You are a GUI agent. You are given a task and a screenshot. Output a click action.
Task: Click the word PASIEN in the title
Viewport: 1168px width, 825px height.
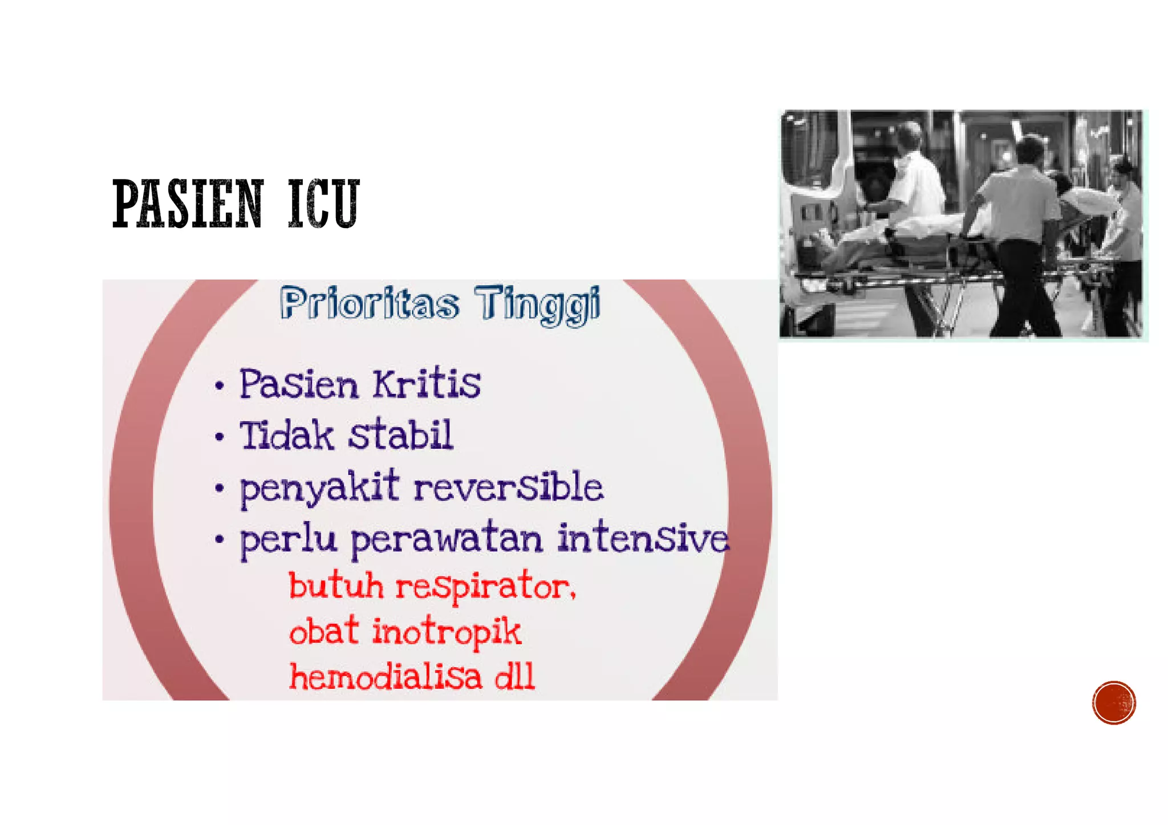pyautogui.click(x=188, y=204)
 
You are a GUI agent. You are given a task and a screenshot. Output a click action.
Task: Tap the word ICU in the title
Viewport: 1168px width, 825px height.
pyautogui.click(x=323, y=204)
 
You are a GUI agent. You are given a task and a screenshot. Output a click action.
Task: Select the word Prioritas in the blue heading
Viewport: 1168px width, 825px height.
pyautogui.click(x=370, y=303)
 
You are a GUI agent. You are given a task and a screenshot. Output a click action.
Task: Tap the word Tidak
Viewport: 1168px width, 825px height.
pyautogui.click(x=286, y=436)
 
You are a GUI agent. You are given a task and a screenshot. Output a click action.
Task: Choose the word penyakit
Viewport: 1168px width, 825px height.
pyautogui.click(x=319, y=489)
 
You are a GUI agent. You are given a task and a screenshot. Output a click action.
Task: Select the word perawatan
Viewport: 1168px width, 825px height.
pyautogui.click(x=446, y=539)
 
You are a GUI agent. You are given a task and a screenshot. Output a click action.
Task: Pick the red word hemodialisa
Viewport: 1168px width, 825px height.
pyautogui.click(x=386, y=677)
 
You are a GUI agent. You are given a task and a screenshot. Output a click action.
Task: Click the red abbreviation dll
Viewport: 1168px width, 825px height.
pyautogui.click(x=514, y=677)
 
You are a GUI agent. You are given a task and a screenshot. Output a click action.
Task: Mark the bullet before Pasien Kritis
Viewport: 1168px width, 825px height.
pyautogui.click(x=220, y=386)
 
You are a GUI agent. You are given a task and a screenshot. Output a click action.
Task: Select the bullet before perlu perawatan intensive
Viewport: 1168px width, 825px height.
pyautogui.click(x=220, y=539)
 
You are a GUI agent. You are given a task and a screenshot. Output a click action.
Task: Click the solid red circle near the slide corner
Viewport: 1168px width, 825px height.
pyautogui.click(x=1114, y=702)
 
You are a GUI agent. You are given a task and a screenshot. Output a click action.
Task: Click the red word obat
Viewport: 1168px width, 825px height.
pyautogui.click(x=324, y=632)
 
